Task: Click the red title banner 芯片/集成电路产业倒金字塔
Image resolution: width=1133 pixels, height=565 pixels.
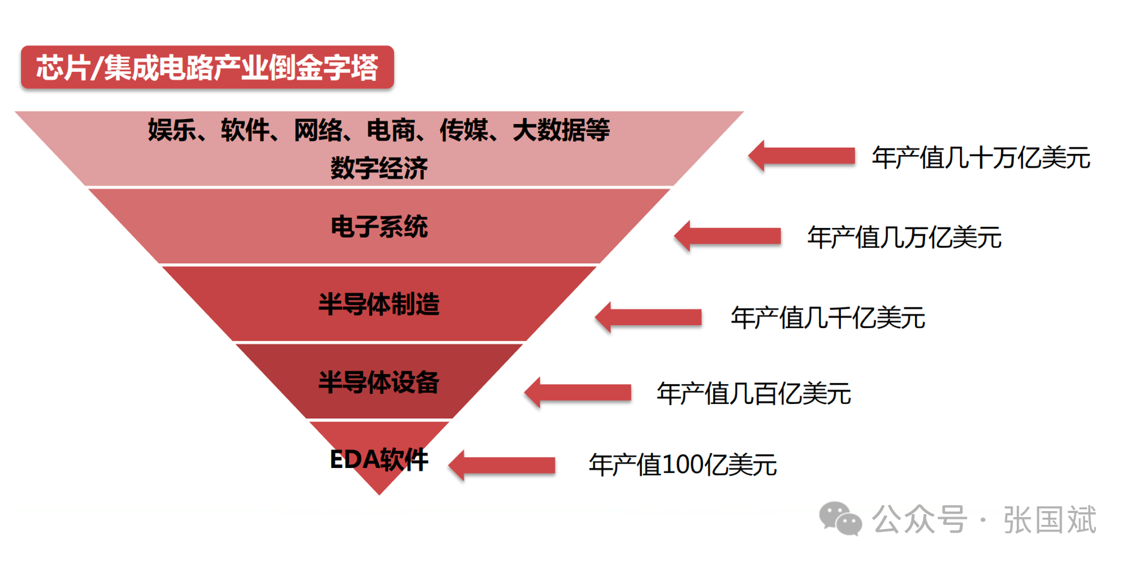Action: (207, 67)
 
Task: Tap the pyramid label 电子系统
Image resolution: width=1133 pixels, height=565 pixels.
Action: (379, 227)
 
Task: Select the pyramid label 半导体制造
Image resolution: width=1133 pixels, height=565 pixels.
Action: (379, 304)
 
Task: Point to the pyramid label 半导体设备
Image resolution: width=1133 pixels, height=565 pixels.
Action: (379, 382)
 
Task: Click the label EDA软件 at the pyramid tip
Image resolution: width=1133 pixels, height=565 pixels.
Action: (379, 460)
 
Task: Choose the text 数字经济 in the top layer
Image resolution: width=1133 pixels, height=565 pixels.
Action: (379, 168)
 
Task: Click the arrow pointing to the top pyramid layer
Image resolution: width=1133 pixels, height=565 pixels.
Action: (801, 156)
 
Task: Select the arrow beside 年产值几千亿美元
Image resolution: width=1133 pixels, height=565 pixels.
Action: (648, 317)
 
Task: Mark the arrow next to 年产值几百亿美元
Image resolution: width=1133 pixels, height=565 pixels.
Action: (577, 393)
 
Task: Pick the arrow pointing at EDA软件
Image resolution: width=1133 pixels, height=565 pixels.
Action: (502, 465)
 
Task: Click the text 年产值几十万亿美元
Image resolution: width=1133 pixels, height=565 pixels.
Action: (981, 158)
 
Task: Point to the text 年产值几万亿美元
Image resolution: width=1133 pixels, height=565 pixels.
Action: (904, 238)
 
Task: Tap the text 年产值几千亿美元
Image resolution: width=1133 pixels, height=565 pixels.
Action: (828, 318)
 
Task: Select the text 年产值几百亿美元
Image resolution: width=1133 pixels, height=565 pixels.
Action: (753, 394)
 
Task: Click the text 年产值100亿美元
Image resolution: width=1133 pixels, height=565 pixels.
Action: (683, 465)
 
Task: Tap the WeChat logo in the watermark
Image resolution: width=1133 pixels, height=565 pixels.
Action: (840, 518)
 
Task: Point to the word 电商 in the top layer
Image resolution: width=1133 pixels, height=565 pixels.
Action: (391, 130)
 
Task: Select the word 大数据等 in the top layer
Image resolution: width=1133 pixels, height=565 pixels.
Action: (561, 130)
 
